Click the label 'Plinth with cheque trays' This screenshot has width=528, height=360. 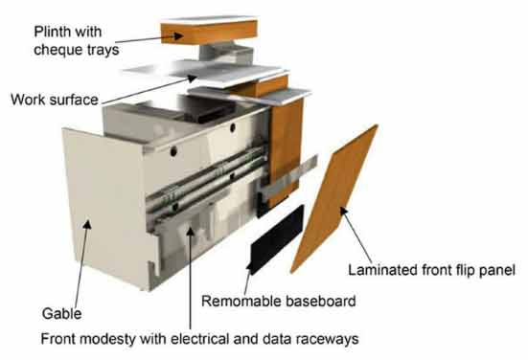77,41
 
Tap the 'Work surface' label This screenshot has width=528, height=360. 55,100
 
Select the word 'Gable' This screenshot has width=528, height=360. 61,314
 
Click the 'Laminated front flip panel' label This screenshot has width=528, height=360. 431,270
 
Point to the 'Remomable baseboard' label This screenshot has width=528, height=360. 279,301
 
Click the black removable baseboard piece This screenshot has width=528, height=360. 276,237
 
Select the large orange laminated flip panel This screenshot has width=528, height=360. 334,198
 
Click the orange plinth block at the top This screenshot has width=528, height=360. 209,32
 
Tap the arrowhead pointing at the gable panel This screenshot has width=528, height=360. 87,224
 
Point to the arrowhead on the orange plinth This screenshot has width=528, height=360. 177,35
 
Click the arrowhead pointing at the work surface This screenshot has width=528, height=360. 193,79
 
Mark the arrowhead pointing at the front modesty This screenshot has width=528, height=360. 191,232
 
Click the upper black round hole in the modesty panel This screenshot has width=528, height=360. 232,128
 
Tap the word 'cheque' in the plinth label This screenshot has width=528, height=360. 55,50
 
